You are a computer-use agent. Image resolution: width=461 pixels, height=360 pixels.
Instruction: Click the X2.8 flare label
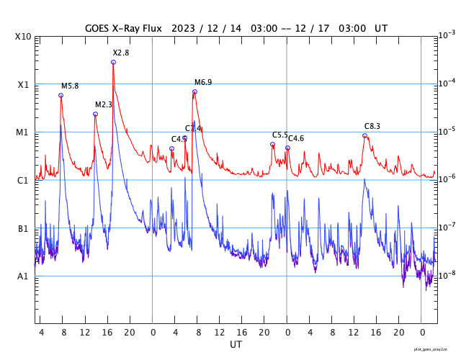[121, 53]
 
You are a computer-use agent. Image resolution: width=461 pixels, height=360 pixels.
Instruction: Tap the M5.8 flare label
[70, 86]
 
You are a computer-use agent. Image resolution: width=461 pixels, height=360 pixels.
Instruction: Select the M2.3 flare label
[104, 105]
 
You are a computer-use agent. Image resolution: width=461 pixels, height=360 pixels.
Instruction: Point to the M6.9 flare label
[204, 83]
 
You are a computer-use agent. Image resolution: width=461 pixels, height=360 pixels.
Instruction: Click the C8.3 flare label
[372, 127]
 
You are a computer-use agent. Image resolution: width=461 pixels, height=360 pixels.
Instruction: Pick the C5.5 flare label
[279, 135]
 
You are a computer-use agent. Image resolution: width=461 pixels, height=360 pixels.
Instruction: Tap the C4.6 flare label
[296, 138]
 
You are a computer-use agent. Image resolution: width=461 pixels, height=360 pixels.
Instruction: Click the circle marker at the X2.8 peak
[113, 63]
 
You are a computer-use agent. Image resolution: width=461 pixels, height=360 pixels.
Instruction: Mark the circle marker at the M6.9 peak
[194, 92]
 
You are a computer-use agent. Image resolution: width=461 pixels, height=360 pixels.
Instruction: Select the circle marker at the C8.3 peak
[364, 135]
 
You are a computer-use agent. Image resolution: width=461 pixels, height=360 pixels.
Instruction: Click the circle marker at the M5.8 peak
[61, 95]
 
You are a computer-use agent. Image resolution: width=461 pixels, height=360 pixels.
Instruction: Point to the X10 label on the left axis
[22, 37]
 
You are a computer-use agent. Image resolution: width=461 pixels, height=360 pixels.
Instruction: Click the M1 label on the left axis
[22, 132]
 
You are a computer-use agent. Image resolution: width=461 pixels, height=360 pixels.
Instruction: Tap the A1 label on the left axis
[22, 276]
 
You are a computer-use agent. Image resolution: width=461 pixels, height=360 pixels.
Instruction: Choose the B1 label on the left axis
[22, 229]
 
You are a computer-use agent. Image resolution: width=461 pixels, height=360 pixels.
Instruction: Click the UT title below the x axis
[236, 346]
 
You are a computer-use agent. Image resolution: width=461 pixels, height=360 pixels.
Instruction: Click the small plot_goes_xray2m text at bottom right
[436, 348]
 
